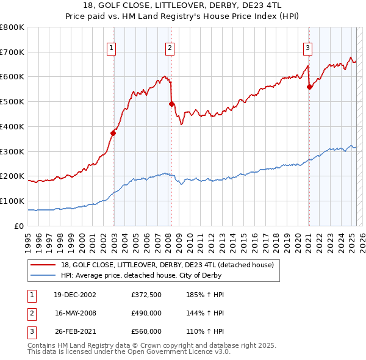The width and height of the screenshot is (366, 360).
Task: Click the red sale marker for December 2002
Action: [113, 132]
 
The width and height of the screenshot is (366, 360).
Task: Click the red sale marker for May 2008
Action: [172, 104]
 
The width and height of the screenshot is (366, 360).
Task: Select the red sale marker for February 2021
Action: [309, 87]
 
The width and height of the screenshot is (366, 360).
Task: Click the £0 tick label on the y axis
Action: [20, 226]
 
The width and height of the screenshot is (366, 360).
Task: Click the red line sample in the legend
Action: [43, 264]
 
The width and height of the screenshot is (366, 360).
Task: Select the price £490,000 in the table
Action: [146, 313]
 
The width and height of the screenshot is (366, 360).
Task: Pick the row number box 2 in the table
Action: [31, 313]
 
